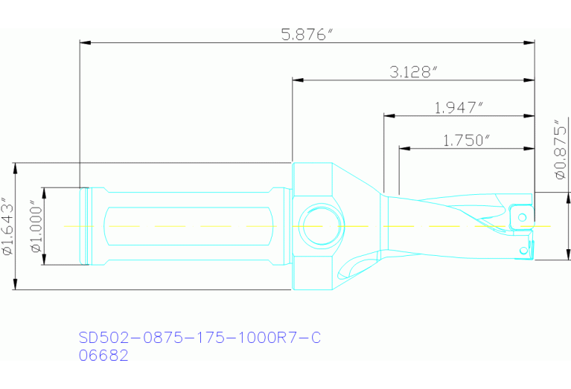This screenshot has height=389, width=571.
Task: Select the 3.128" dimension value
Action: (413, 71)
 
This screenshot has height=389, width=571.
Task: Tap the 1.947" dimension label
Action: (459, 108)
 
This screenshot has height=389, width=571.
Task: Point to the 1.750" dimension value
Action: (467, 140)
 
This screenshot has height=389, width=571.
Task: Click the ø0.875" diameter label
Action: (559, 149)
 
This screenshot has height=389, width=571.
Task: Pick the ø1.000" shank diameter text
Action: (34, 226)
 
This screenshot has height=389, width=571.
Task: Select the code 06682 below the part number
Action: (103, 356)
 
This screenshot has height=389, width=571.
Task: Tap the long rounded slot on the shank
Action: (190, 225)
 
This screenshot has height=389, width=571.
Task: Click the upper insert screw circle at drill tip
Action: (523, 216)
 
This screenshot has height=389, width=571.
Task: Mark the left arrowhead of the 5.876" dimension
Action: (84, 42)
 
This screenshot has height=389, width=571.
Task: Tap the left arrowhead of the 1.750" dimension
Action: (403, 148)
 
